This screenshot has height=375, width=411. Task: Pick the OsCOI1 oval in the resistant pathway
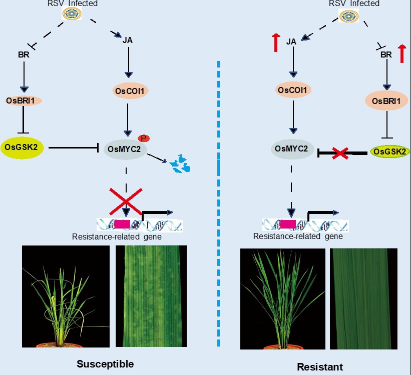[x=293, y=90]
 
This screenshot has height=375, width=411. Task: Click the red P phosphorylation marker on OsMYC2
[x=144, y=137]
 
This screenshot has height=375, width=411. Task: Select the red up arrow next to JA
[x=276, y=42]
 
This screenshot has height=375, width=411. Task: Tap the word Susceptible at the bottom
[x=105, y=363]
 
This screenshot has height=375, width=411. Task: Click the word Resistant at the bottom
[x=320, y=366]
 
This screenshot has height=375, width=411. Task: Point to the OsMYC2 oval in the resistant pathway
[x=293, y=148]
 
